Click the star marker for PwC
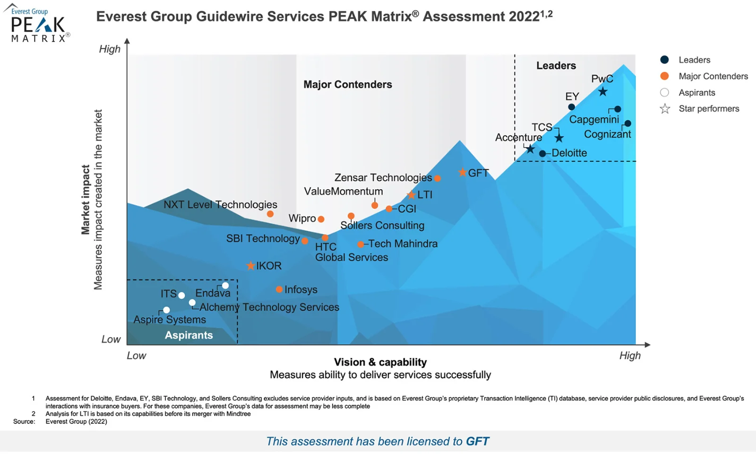(602, 92)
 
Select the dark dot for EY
(571, 107)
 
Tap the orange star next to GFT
(463, 173)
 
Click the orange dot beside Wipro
(321, 219)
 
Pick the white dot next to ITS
(181, 296)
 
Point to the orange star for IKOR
(251, 266)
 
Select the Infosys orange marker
(279, 289)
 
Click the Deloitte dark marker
(542, 154)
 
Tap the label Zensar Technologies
(383, 178)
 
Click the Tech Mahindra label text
(403, 244)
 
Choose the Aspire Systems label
(170, 320)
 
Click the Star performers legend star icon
(665, 109)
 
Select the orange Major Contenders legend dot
(664, 76)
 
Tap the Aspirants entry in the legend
(696, 93)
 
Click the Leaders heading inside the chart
(556, 66)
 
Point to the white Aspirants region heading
(189, 335)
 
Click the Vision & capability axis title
(380, 362)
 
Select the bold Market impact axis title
(86, 200)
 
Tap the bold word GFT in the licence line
(477, 442)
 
